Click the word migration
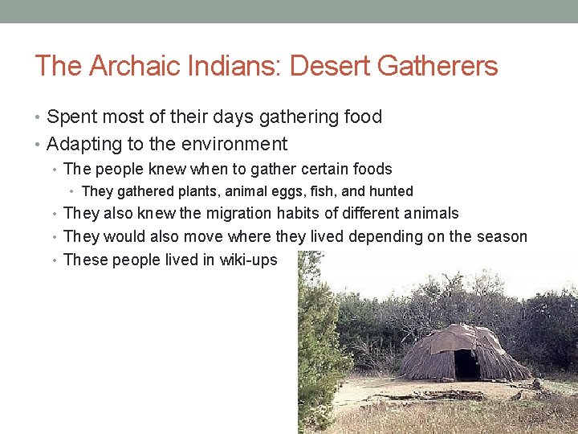click(238, 213)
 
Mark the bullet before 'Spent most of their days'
click(39, 117)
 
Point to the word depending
click(376, 236)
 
